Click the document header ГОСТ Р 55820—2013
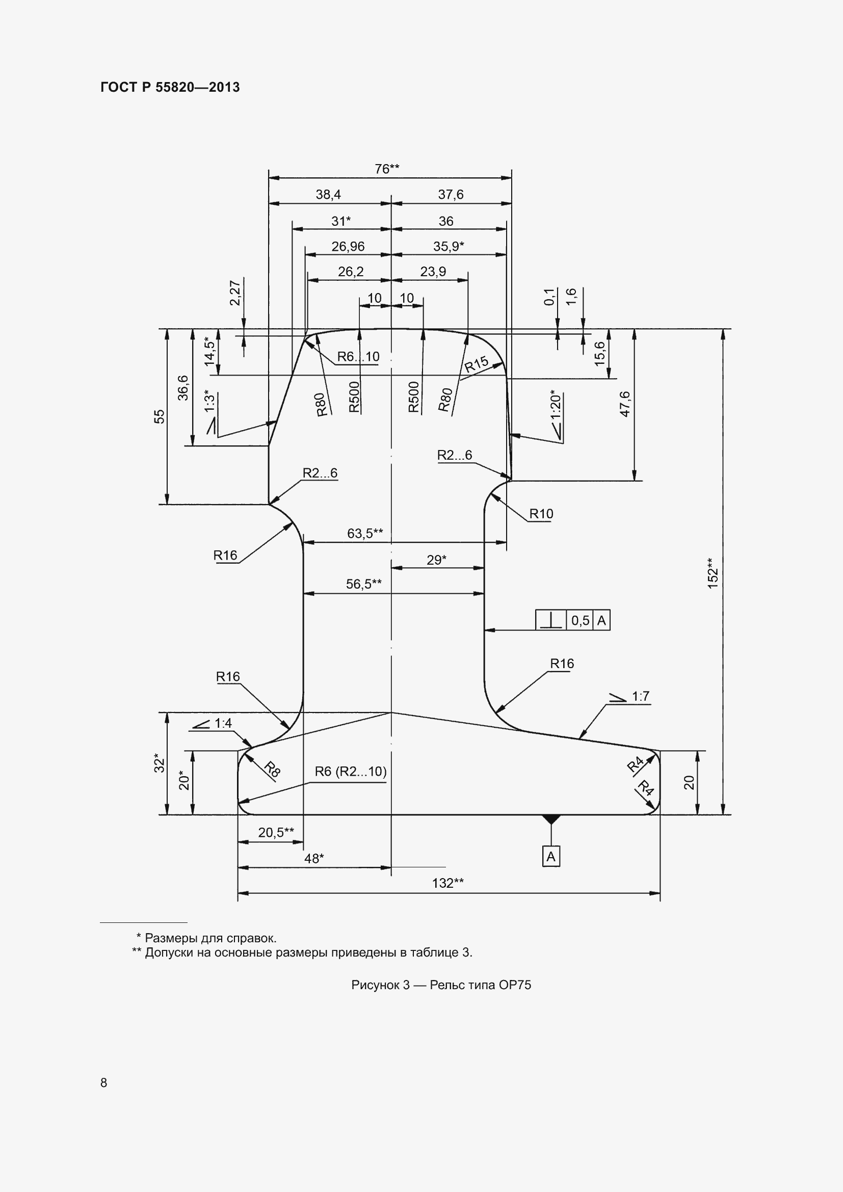point(170,87)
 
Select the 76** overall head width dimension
point(387,169)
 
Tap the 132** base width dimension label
point(448,883)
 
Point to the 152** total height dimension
point(713,573)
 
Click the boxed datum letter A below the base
point(551,857)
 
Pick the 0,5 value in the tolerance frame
point(581,620)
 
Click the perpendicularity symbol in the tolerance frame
point(551,620)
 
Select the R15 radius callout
point(477,364)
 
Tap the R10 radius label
point(541,514)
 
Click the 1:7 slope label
point(641,696)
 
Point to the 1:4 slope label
point(223,723)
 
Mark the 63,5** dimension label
point(365,533)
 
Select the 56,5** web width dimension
point(364,584)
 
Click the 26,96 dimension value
point(348,246)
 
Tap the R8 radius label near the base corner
point(272,770)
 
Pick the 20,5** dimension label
point(276,832)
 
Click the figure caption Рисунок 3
point(381,985)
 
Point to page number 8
point(104,1082)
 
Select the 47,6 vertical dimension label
point(625,404)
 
